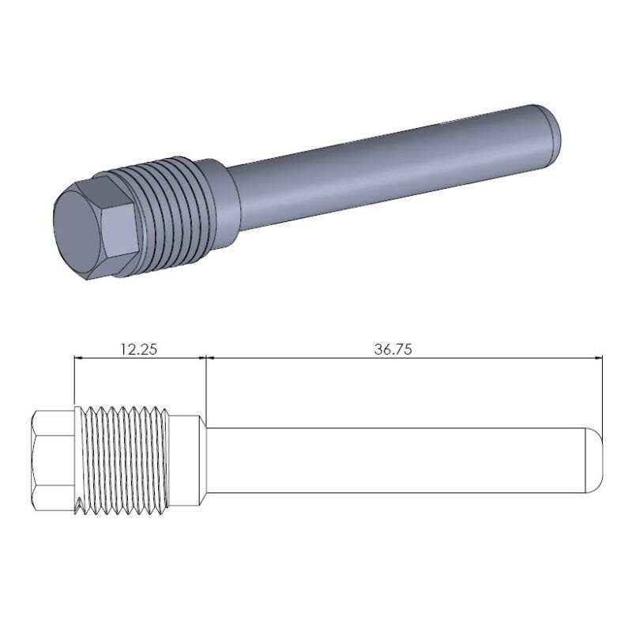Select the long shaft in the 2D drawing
395,460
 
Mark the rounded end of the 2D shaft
595,460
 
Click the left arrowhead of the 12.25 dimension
77,358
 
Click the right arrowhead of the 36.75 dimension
597,358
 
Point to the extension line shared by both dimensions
206,387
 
